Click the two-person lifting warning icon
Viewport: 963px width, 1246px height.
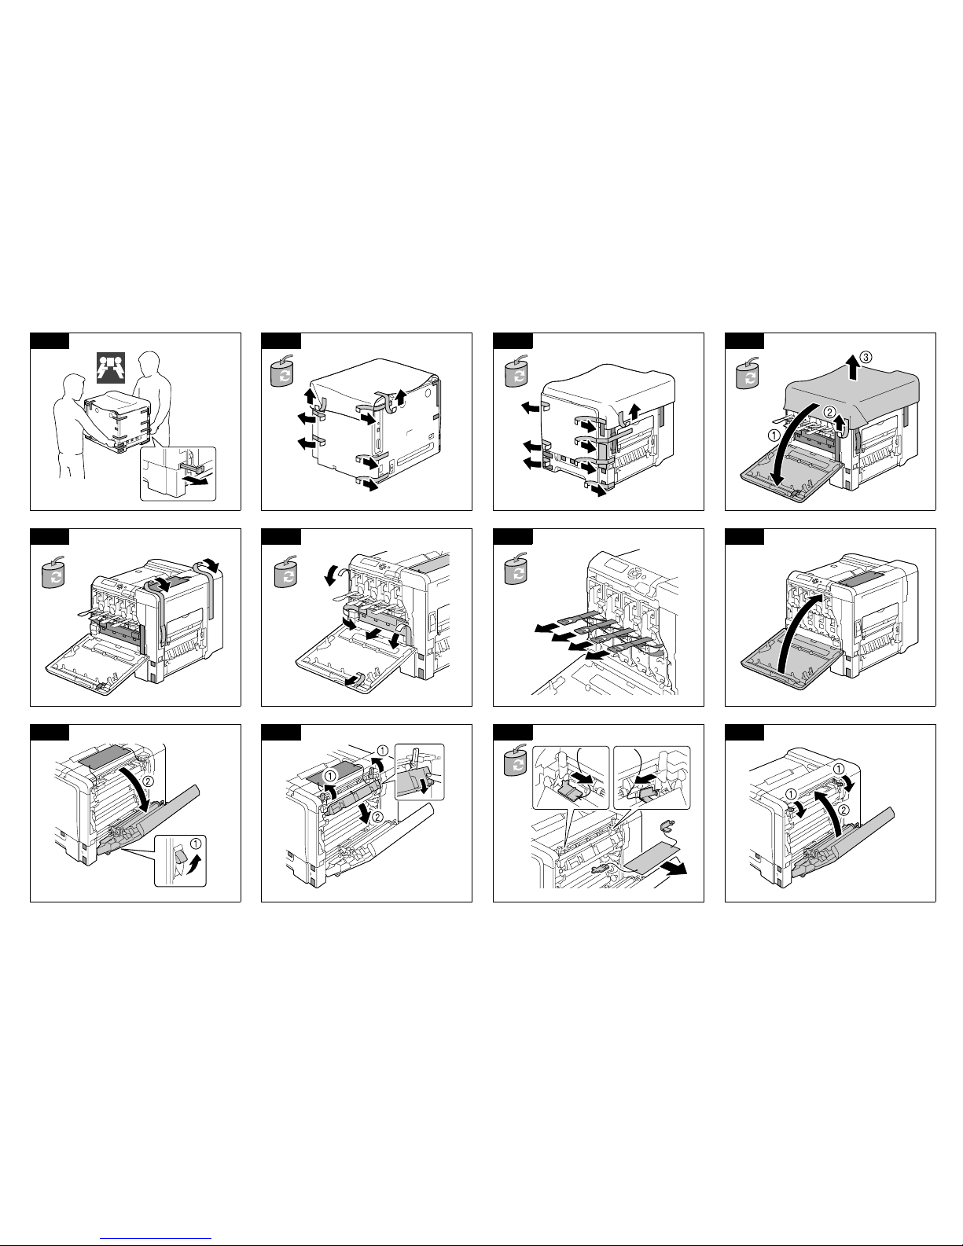coord(111,368)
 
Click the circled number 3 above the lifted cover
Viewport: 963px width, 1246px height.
coord(866,357)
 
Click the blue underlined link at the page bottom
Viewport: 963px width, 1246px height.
coord(156,1237)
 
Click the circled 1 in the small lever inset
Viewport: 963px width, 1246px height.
coord(196,844)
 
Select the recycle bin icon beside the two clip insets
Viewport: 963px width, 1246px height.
coord(515,760)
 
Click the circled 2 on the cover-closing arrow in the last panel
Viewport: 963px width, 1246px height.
coord(844,810)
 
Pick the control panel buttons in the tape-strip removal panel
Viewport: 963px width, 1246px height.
coord(634,573)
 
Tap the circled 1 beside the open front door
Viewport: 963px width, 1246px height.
coord(774,436)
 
